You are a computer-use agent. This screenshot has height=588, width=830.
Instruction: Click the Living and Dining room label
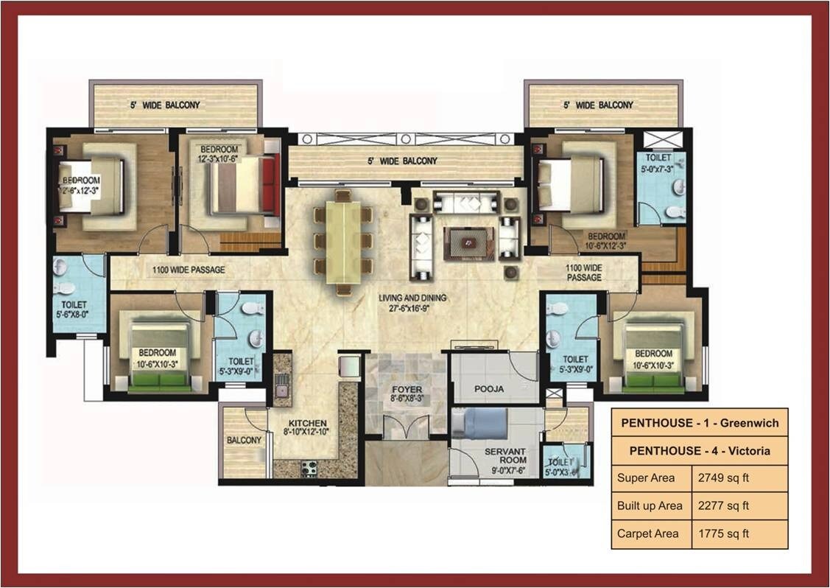(x=412, y=303)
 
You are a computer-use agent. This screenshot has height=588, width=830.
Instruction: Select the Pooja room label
(x=489, y=388)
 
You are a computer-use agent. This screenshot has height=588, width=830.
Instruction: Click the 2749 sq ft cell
(x=724, y=477)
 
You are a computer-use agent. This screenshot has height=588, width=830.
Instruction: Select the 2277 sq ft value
(x=723, y=505)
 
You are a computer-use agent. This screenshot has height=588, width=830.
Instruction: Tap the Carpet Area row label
(x=650, y=533)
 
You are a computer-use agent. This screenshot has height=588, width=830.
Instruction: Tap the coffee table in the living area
(x=467, y=242)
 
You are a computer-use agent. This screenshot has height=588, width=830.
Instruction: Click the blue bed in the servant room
(x=479, y=425)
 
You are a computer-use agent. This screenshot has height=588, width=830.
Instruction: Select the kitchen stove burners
(x=308, y=467)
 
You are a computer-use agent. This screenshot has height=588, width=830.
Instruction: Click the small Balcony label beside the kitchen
(x=244, y=440)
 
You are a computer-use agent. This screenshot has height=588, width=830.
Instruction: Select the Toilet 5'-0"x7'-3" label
(x=660, y=163)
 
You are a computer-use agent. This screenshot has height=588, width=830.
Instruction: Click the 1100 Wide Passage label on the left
(x=189, y=270)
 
